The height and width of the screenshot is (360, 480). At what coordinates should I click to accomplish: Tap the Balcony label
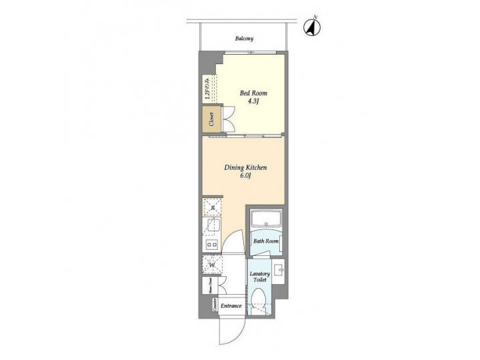[x=243, y=39]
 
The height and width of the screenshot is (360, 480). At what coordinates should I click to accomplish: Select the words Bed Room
[x=253, y=93]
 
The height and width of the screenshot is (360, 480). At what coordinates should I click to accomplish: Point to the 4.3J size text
[x=253, y=103]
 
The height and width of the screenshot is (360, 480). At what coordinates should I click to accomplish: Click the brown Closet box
[x=212, y=121]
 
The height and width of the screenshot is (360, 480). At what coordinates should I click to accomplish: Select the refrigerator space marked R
[x=212, y=207]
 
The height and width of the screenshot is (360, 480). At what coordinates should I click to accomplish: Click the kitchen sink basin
[x=212, y=227]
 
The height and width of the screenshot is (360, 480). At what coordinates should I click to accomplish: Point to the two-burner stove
[x=212, y=245]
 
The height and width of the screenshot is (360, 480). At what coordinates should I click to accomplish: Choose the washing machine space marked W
[x=212, y=265]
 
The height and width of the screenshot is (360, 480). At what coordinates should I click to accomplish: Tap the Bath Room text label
[x=265, y=241]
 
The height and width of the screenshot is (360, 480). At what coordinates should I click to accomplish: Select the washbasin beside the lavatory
[x=278, y=270]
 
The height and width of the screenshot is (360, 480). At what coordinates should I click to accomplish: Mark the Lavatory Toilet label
[x=259, y=277]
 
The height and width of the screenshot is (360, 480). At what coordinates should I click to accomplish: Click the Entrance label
[x=231, y=306]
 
